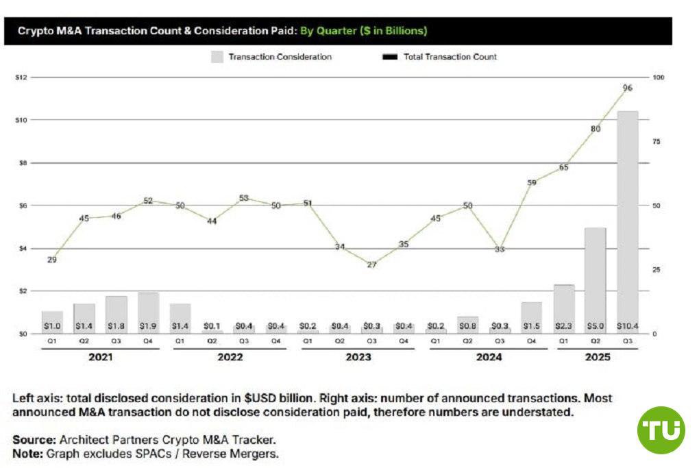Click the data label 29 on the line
[x=52, y=260]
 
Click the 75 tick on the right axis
[x=656, y=142]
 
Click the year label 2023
[x=358, y=357]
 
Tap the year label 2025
[x=597, y=357]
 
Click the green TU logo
[x=661, y=430]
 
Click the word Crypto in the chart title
[x=34, y=32]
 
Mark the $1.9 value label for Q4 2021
[x=148, y=325]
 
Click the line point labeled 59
[x=532, y=182]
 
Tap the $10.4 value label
[x=627, y=325]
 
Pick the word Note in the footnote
[x=26, y=454]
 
